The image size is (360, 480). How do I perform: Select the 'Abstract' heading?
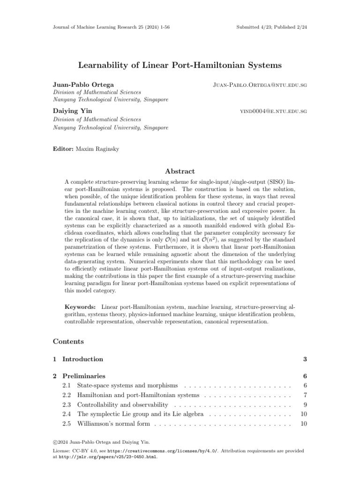click(x=180, y=172)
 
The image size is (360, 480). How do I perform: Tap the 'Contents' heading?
click(x=68, y=341)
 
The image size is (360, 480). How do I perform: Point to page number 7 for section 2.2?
click(x=304, y=395)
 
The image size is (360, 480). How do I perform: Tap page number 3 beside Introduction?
click(x=304, y=359)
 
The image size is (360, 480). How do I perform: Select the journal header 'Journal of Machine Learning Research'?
click(x=98, y=27)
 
